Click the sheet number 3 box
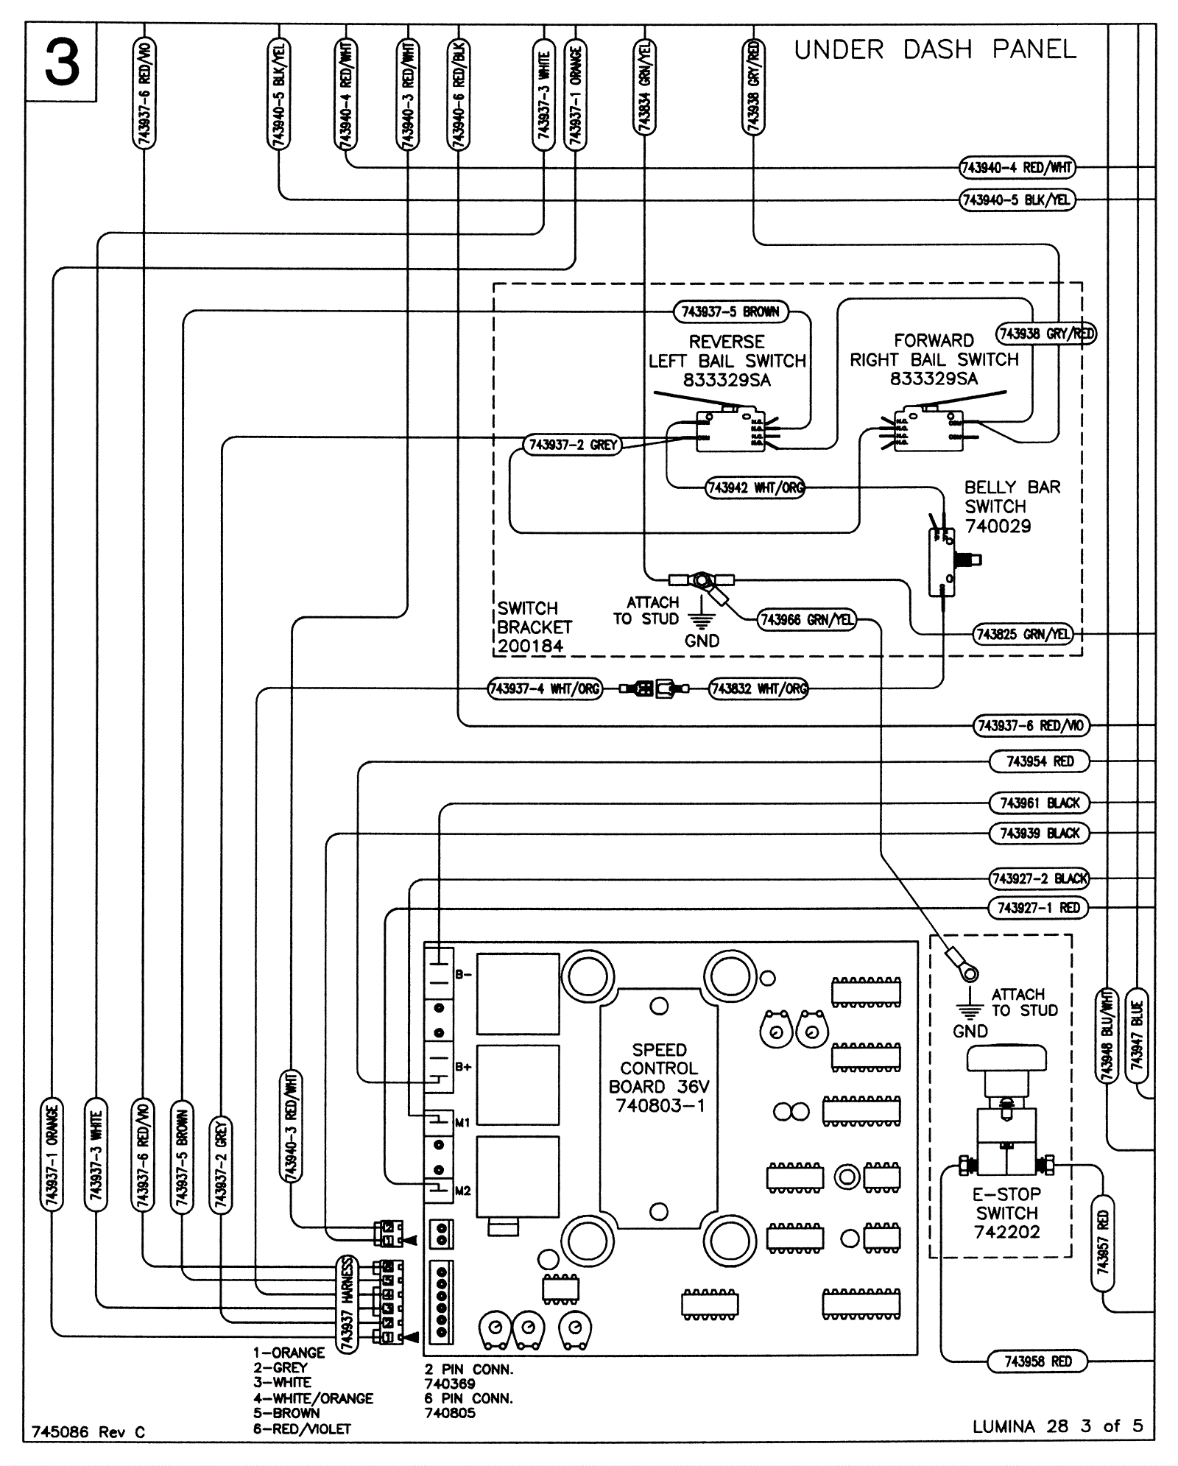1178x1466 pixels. coord(61,63)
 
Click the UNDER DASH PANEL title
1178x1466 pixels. coord(934,50)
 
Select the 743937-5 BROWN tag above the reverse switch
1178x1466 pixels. coord(730,312)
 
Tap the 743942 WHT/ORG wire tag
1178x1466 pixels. coord(755,488)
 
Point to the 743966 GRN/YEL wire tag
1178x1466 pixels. coord(808,620)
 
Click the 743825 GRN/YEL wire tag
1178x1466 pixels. coord(1023,634)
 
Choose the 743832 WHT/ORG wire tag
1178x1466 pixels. coord(758,689)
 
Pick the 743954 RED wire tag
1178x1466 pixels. coord(1039,761)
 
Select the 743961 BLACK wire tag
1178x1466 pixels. coord(1039,803)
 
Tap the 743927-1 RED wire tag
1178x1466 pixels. coord(1037,908)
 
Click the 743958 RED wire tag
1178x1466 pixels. coord(1037,1361)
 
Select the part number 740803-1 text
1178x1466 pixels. coord(660,1105)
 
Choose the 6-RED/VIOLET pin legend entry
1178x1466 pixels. coord(302,1428)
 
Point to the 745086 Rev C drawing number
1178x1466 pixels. coord(88,1432)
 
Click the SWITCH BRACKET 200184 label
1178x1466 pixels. coord(534,627)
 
